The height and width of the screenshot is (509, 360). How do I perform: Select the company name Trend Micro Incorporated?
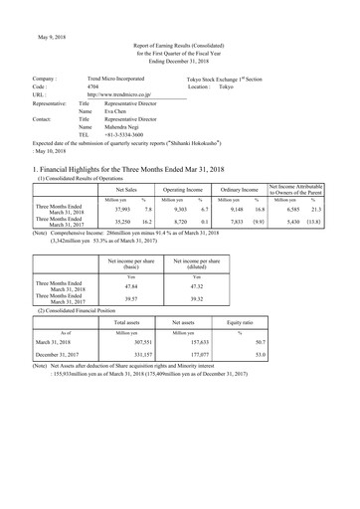point(118,77)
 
